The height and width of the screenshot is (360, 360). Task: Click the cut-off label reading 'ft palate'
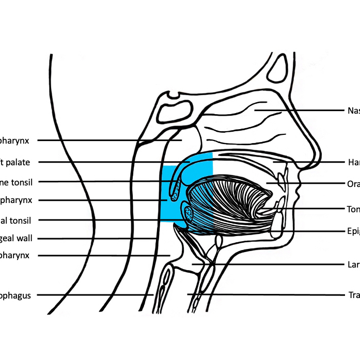tap(15, 162)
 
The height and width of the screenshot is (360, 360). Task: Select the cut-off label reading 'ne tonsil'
tap(16, 181)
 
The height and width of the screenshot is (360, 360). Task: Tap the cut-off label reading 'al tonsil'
tap(16, 221)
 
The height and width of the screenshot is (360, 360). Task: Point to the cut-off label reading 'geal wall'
tap(16, 239)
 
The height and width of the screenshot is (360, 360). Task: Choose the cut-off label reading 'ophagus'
tap(16, 295)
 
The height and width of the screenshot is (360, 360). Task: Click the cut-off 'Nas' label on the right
tap(353, 110)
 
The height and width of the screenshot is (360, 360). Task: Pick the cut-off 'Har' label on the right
tap(353, 162)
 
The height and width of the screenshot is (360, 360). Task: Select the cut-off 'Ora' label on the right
tap(353, 183)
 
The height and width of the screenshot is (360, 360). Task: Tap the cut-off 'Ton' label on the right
tap(353, 209)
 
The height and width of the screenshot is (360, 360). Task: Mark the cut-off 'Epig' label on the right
tap(353, 231)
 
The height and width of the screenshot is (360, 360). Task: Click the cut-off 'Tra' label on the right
tap(353, 295)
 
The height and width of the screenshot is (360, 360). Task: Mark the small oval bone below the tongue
tap(218, 241)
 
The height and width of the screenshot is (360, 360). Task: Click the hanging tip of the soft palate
tap(174, 195)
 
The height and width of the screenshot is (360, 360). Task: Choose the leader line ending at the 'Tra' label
tap(269, 295)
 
